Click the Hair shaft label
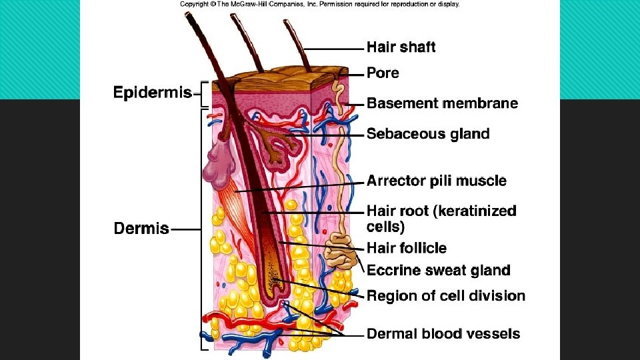click(x=401, y=47)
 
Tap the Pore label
click(x=383, y=73)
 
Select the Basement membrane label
click(x=442, y=103)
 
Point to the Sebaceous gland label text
click(x=428, y=134)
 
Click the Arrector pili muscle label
click(x=436, y=181)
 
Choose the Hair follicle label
click(x=407, y=248)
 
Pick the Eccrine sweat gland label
click(x=438, y=270)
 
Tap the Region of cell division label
click(x=446, y=295)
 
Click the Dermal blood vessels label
click(x=443, y=334)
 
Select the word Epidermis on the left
click(x=153, y=93)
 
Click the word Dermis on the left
click(x=141, y=229)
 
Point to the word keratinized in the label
click(x=475, y=211)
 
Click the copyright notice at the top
click(x=319, y=4)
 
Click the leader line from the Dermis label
click(x=185, y=229)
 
